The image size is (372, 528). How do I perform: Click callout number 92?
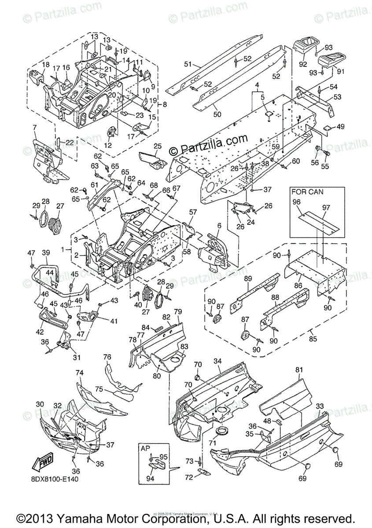point(302,64)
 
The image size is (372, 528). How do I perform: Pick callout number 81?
point(300,370)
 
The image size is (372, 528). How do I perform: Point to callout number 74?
point(79,373)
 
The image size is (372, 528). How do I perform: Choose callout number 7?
point(34,128)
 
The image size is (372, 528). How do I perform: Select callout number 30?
point(40,404)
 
